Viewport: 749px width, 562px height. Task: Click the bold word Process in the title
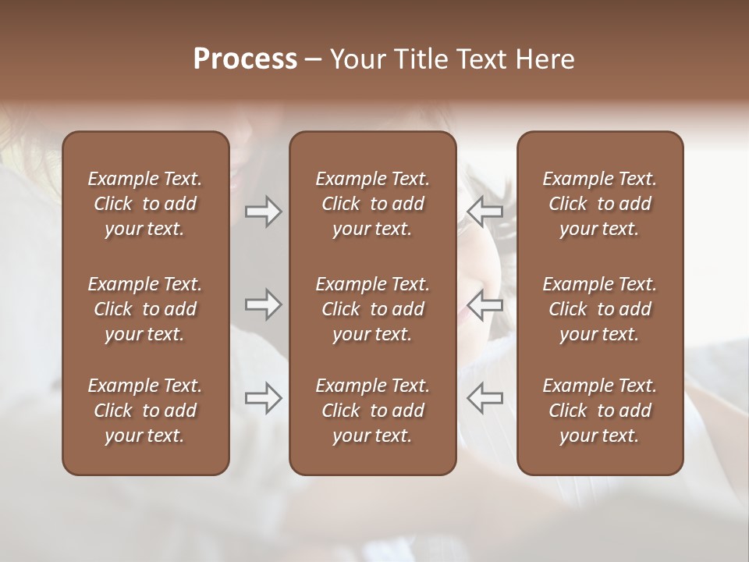pos(245,59)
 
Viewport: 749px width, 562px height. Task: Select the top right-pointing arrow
pos(263,212)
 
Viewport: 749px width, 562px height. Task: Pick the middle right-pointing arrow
pos(263,304)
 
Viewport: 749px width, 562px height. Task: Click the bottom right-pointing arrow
pos(263,398)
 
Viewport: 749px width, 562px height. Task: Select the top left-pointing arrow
pos(485,212)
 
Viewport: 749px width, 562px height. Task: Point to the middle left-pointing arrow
pos(485,304)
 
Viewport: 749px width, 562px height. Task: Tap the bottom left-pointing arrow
pos(485,398)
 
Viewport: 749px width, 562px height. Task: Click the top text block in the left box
pos(145,204)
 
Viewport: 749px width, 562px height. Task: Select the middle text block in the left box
pos(145,309)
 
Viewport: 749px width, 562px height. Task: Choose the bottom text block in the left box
pos(145,411)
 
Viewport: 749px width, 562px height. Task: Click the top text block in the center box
pos(372,204)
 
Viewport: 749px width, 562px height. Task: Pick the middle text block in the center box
pos(372,309)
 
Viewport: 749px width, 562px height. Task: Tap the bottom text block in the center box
pos(372,411)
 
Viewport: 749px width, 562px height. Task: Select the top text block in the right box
pos(600,204)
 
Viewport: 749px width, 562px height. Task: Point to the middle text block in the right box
pos(600,309)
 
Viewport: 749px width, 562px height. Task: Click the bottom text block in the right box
pos(600,411)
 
